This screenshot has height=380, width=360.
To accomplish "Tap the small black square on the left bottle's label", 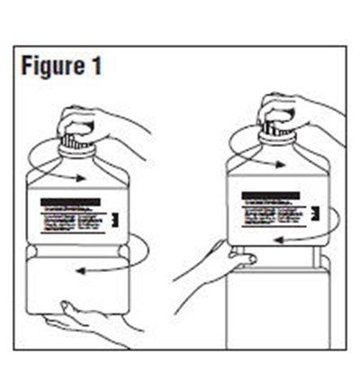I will [x=115, y=219].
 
